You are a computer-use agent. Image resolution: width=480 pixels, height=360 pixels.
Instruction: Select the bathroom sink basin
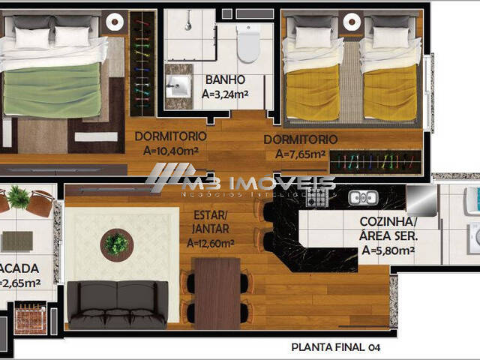click(180, 83)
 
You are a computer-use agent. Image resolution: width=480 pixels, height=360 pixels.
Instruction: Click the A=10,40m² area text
click(169, 150)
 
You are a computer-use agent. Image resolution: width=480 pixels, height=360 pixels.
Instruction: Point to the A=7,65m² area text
click(300, 154)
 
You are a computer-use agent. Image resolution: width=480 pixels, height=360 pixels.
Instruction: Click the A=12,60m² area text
click(210, 243)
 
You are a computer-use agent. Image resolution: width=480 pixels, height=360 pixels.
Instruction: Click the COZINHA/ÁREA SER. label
click(388, 229)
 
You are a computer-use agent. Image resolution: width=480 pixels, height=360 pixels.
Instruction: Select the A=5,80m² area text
click(388, 251)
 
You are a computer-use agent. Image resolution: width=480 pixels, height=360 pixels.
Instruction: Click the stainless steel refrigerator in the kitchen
click(421, 200)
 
